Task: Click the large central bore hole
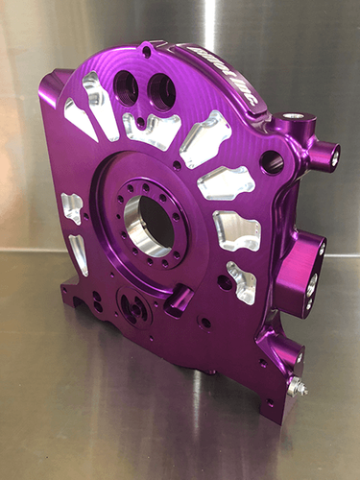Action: pos(148,226)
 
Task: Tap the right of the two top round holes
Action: pos(161,92)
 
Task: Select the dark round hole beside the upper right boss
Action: pos(272,160)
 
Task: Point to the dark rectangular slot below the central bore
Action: pos(179,303)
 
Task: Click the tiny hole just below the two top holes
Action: pos(141,122)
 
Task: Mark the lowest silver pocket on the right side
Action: pos(241,282)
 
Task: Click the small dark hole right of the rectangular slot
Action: pos(205,323)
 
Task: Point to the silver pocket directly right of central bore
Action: pos(236,229)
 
